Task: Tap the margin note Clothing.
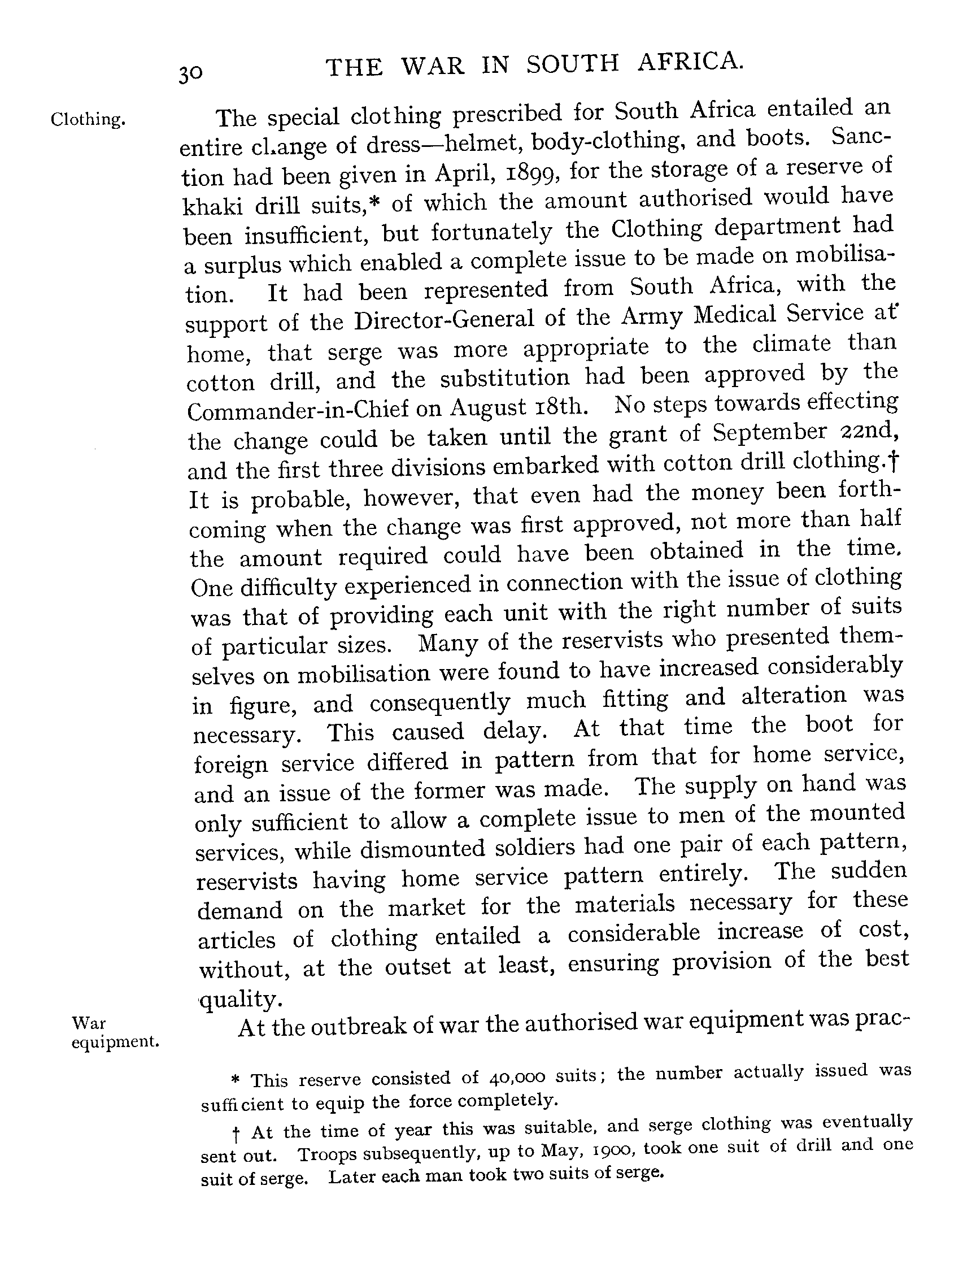click(88, 120)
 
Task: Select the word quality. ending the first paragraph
click(241, 1000)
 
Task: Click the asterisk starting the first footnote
click(236, 1079)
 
